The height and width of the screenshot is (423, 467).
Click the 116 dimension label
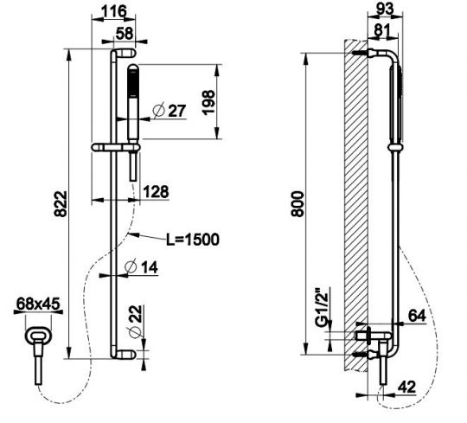pos(113,11)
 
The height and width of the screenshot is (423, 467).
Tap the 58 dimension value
pos(124,33)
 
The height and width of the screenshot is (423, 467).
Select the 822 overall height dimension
pos(61,204)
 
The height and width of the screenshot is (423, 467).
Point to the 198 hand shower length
pos(208,102)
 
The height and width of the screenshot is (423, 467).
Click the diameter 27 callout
pos(170,111)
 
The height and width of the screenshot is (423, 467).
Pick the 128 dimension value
pos(156,191)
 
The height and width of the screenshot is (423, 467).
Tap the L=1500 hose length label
pos(193,240)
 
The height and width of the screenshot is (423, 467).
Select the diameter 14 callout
pos(141,267)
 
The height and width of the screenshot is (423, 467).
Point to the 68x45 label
pos(38,304)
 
